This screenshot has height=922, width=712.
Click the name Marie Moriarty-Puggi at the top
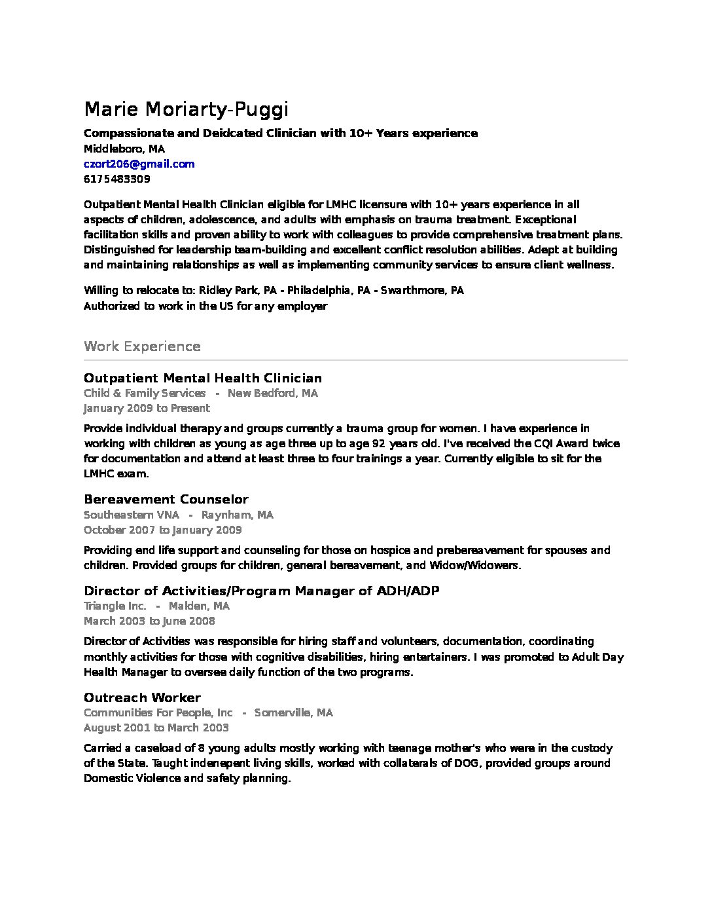[x=186, y=109]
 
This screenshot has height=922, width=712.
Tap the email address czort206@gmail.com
[x=139, y=164]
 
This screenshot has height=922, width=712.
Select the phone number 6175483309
[x=116, y=179]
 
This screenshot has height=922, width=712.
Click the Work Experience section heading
[x=142, y=346]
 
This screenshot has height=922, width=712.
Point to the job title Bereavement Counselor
[x=166, y=500]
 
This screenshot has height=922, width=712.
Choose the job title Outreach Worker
[x=142, y=697]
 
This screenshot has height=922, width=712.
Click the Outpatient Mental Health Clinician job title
[x=203, y=378]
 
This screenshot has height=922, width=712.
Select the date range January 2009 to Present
[x=147, y=408]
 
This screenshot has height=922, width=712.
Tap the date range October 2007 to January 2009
[x=162, y=530]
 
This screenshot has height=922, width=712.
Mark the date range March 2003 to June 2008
[x=149, y=621]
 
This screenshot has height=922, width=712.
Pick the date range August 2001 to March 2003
[x=156, y=728]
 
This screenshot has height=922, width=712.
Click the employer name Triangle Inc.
[x=115, y=606]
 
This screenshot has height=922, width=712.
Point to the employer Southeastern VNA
[x=131, y=515]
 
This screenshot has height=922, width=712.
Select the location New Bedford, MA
[x=272, y=393]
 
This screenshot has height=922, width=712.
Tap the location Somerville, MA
[x=293, y=712]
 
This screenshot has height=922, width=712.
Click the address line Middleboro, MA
[x=124, y=149]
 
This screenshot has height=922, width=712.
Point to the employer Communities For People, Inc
[x=158, y=712]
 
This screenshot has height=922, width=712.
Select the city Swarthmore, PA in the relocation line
[x=422, y=290]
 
